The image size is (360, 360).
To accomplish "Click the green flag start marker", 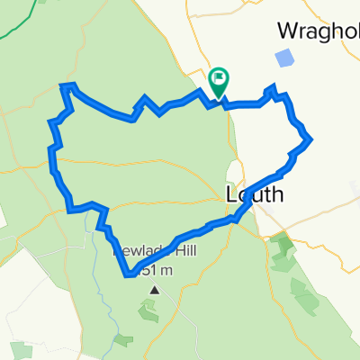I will tap(219, 83).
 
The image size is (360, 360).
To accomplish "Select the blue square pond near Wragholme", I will tap(284, 58).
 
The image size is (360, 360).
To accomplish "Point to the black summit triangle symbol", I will tap(155, 290).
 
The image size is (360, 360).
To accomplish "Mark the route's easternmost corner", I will tap(310, 139).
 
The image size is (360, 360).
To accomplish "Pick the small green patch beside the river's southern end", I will tap(122, 339).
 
